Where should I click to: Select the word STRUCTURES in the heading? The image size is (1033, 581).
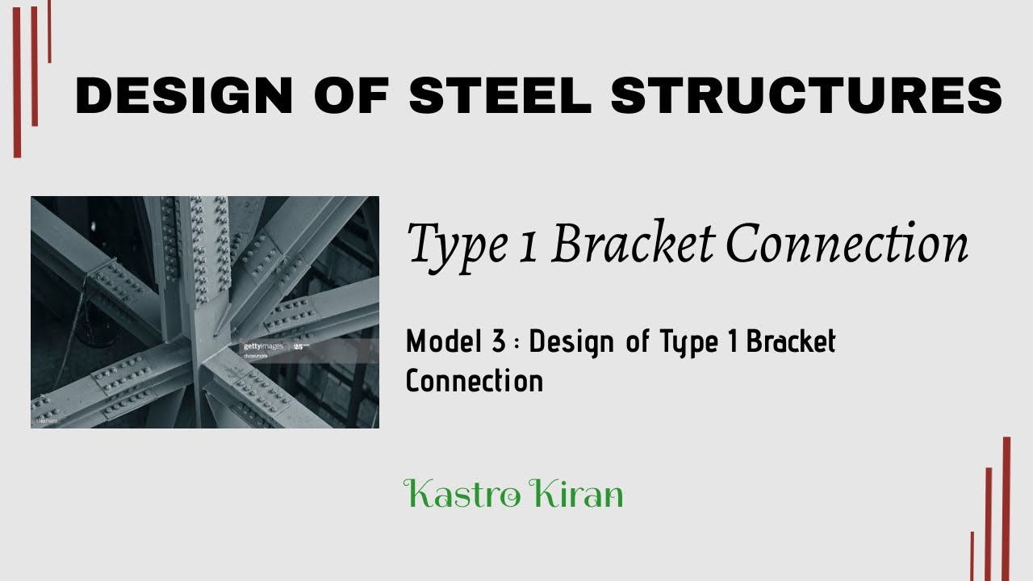coord(806,95)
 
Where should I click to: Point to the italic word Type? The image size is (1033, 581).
coord(452,244)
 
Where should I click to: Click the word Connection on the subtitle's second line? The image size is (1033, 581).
coord(475,381)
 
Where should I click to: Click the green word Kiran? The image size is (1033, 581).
coord(583,493)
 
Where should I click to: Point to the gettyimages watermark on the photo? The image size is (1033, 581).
coord(263,346)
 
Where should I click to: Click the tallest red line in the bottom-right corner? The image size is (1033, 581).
coord(1006,508)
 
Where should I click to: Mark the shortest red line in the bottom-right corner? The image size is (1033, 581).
coord(972,556)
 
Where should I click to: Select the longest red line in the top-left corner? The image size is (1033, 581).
coord(17,81)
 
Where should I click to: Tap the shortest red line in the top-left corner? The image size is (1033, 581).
coord(49,31)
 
